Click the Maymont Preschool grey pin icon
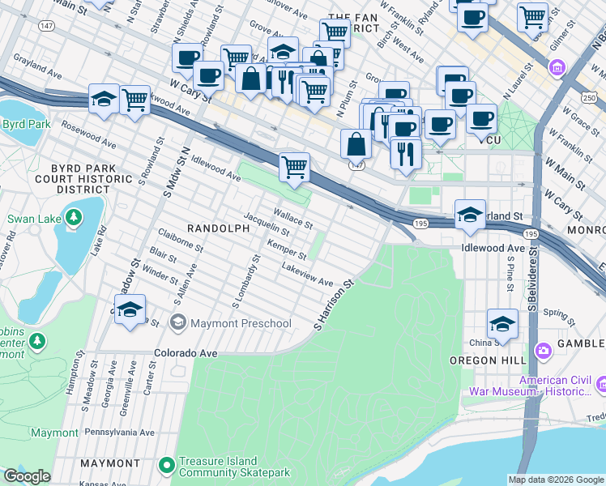click(177, 323)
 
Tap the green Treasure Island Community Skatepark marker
click(167, 465)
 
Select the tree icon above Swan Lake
click(74, 217)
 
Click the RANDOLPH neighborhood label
click(218, 228)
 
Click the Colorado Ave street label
click(186, 353)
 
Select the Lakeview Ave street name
click(307, 275)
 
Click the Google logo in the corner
click(26, 476)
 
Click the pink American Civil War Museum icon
click(601, 382)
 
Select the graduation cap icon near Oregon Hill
click(502, 323)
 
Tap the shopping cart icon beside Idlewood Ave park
click(295, 166)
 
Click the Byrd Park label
click(27, 124)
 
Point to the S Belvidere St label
click(533, 280)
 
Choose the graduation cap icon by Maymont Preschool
click(130, 310)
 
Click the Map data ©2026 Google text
click(556, 480)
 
